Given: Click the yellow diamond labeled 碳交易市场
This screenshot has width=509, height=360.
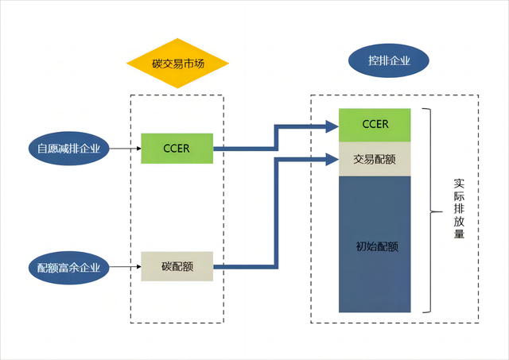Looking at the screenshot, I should click(178, 63).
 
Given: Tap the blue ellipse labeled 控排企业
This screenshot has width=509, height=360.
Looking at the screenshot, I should click(389, 60).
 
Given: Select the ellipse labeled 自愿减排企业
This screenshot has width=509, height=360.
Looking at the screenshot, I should click(68, 149).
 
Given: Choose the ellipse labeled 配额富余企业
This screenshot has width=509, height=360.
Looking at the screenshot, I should click(68, 268).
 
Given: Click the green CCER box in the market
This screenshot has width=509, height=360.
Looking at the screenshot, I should click(177, 149).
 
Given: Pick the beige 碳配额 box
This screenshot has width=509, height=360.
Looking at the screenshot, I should click(177, 267).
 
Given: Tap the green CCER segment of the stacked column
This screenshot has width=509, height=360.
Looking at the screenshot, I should click(375, 125).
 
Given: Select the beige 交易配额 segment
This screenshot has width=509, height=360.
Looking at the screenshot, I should click(375, 159).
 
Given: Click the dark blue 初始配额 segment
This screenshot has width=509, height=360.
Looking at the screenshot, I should click(375, 243).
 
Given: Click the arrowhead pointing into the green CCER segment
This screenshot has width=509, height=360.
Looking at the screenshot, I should click(332, 125).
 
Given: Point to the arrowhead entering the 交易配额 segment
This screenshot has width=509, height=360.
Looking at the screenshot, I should click(332, 159).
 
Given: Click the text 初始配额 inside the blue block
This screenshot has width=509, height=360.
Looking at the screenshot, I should click(375, 246).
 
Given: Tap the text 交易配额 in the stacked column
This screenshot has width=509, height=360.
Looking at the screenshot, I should click(375, 159).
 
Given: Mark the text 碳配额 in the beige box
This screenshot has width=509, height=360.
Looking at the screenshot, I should click(177, 267).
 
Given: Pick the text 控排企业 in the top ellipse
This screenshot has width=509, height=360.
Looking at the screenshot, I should click(389, 60).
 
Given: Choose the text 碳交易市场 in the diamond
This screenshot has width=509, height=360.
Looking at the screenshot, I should click(178, 63).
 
